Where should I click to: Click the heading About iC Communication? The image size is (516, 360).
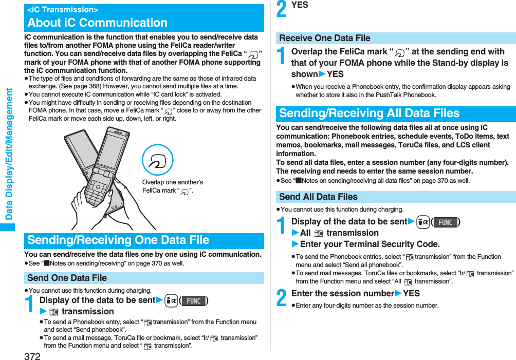click(97, 23)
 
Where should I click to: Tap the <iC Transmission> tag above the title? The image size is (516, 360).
click(63, 10)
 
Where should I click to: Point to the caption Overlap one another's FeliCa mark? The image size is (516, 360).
click(172, 186)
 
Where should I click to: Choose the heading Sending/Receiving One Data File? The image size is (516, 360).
click(118, 240)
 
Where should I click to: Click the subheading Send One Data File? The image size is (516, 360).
click(67, 278)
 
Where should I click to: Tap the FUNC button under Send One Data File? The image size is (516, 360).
click(193, 300)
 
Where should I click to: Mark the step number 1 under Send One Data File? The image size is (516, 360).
click(30, 305)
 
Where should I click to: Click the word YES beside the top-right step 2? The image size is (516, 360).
click(300, 5)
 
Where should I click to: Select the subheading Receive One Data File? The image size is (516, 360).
click(324, 38)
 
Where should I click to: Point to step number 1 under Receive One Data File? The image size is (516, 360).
click(282, 57)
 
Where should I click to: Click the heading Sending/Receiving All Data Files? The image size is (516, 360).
click(369, 113)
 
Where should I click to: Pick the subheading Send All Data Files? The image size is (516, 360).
click(318, 197)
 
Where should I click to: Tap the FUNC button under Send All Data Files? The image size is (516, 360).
click(445, 222)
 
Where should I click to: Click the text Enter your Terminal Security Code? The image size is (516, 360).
click(370, 244)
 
